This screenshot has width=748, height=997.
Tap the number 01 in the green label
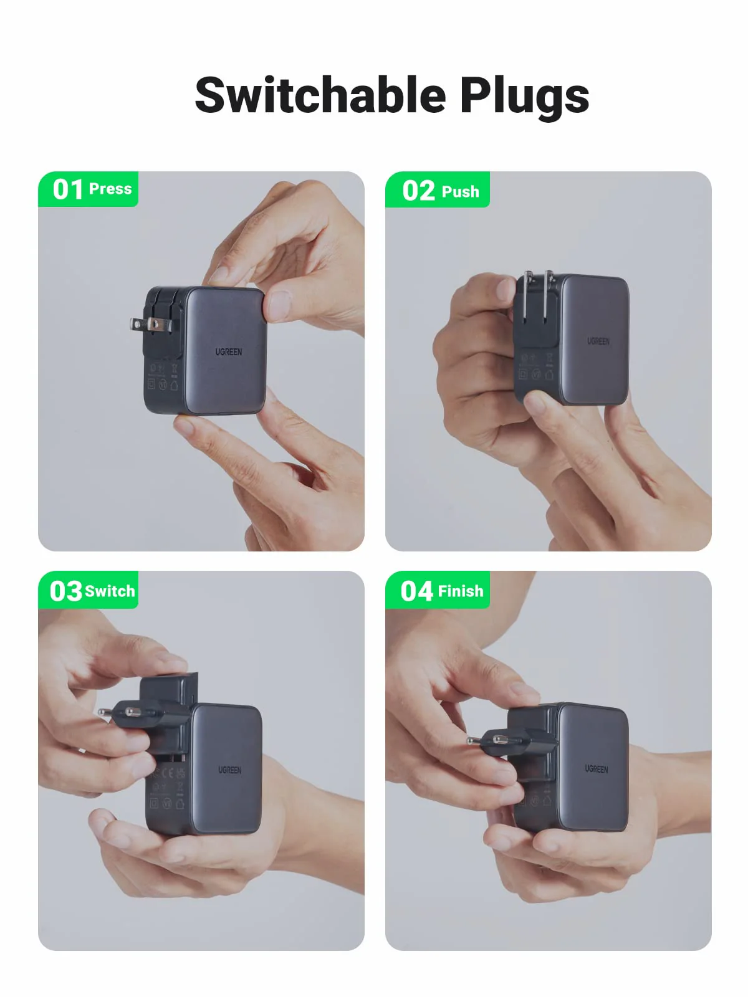pyautogui.click(x=67, y=189)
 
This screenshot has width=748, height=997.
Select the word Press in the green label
pyautogui.click(x=110, y=189)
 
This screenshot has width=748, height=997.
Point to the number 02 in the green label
pyautogui.click(x=418, y=191)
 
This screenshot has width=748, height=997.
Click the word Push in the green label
pyautogui.click(x=460, y=191)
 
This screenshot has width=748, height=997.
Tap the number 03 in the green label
pyautogui.click(x=65, y=591)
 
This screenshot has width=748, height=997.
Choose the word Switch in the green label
pyautogui.click(x=110, y=591)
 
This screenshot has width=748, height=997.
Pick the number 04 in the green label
pyautogui.click(x=416, y=591)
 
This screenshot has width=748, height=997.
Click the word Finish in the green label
pyautogui.click(x=461, y=591)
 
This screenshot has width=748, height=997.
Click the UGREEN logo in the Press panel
pyautogui.click(x=229, y=352)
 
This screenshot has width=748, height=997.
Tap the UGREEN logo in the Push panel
pyautogui.click(x=598, y=341)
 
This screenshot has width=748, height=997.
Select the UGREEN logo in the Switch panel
pyautogui.click(x=229, y=770)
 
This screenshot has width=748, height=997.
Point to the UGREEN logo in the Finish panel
pyautogui.click(x=596, y=769)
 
